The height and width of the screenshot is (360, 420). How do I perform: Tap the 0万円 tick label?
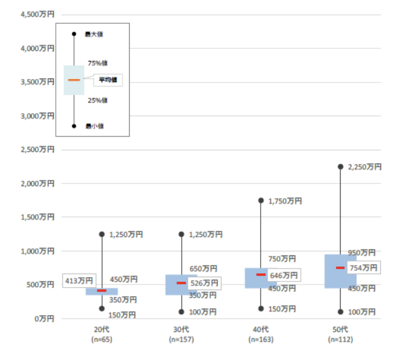pos(44,318)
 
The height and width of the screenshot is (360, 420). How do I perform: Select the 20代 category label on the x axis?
pos(102,329)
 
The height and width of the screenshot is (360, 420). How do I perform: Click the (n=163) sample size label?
pos(260,339)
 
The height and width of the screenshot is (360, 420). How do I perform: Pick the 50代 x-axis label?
pos(340,329)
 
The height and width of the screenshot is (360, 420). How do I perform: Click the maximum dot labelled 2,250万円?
pos(340,166)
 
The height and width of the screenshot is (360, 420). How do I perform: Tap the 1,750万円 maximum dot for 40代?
pos(261,200)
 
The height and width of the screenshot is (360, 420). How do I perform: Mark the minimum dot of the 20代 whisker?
pos(102,309)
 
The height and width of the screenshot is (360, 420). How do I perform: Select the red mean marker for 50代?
pos(340,267)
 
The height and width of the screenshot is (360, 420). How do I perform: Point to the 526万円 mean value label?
pos(204,283)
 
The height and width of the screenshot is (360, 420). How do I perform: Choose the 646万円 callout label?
pos(284,275)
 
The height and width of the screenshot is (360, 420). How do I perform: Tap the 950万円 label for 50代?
pos(362,252)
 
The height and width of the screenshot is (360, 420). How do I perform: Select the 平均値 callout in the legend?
pos(108,80)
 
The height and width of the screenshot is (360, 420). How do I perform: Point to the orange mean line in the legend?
pos(74,80)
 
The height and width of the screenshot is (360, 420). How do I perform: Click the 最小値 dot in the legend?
pos(74,126)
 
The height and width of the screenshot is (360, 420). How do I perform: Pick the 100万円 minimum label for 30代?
pos(202,312)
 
